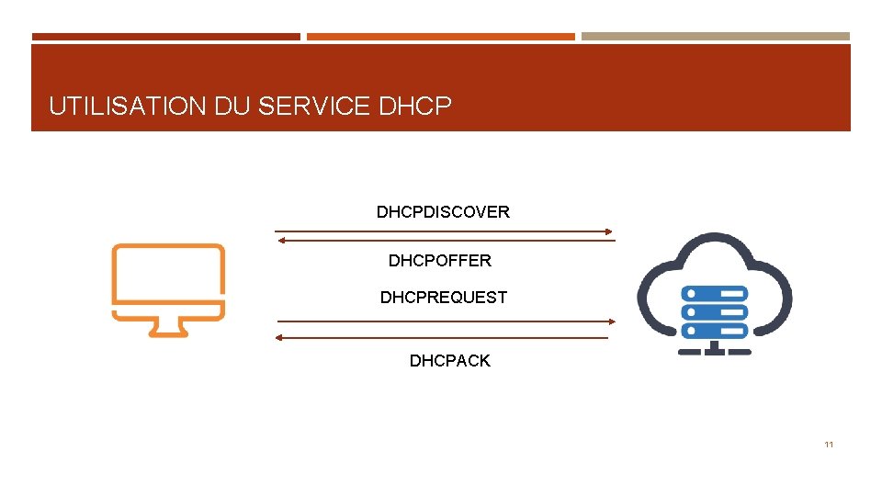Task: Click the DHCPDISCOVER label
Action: (443, 212)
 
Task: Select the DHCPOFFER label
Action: (439, 261)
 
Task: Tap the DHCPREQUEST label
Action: (443, 298)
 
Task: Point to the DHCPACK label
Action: (449, 361)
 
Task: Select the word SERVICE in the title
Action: (314, 107)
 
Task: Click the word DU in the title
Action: (233, 107)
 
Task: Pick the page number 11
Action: (829, 445)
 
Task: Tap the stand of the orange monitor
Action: (168, 328)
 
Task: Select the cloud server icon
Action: (714, 292)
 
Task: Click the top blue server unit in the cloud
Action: (714, 293)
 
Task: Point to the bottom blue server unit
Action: (714, 331)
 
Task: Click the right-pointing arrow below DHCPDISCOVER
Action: (445, 231)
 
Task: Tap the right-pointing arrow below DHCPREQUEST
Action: (445, 321)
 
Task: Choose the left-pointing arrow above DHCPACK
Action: (443, 338)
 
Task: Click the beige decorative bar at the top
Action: (716, 37)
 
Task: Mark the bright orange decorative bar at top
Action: (441, 37)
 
